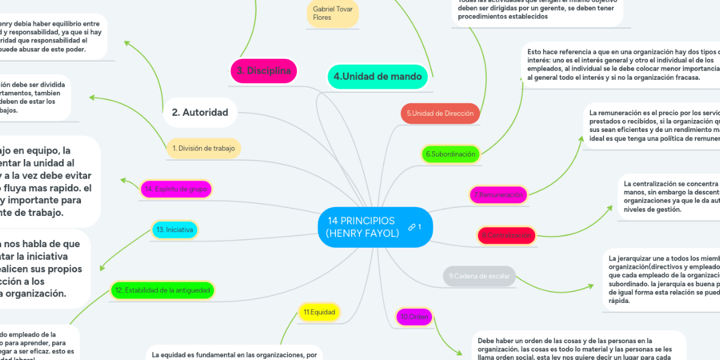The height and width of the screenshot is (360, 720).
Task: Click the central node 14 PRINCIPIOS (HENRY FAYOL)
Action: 362,227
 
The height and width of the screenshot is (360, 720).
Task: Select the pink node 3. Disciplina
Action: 263,71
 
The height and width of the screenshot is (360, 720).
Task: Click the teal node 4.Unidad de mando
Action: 377,76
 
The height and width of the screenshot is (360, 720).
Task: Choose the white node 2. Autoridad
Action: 200,112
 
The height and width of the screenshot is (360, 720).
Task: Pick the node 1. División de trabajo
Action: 203,148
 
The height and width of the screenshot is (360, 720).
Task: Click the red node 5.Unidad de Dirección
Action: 440,113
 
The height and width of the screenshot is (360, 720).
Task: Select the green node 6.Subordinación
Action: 451,154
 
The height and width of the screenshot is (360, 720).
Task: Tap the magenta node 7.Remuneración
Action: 498,194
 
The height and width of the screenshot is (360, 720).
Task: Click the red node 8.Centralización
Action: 506,235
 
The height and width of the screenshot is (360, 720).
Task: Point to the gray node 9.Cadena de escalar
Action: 479,276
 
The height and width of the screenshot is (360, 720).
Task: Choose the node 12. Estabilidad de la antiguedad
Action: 162,290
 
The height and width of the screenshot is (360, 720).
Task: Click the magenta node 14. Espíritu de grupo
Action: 175,189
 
